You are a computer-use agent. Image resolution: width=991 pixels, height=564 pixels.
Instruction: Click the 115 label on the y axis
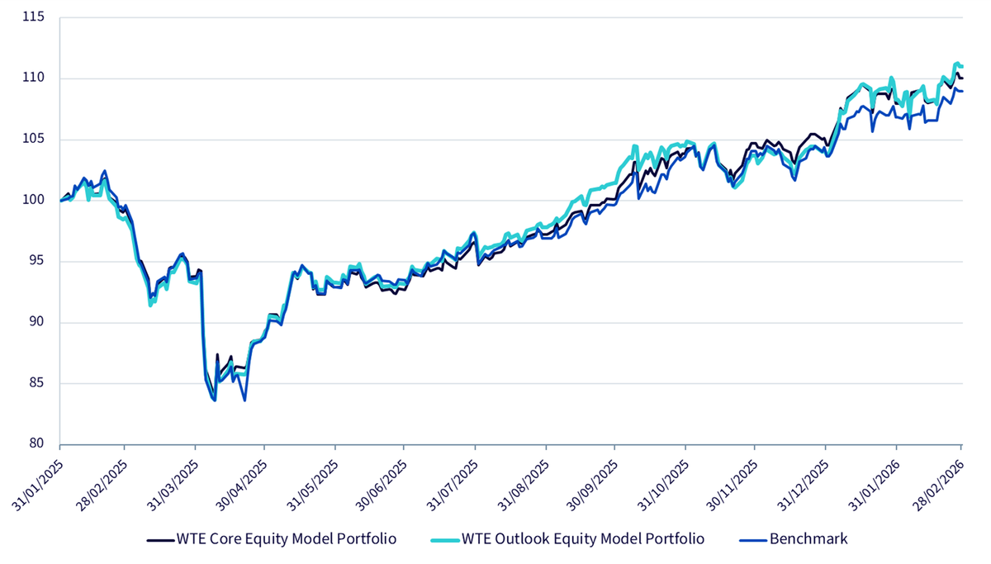point(34,17)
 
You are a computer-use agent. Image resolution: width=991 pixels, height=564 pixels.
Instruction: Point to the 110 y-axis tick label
point(34,78)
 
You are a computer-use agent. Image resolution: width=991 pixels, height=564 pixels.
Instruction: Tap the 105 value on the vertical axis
point(34,139)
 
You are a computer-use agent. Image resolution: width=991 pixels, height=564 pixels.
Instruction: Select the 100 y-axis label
point(34,200)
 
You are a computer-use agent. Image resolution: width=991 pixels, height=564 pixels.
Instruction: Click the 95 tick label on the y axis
point(36,261)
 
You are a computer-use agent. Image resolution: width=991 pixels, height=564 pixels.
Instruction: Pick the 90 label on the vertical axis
point(36,321)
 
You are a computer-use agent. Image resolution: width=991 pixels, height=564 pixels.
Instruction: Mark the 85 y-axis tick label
point(36,382)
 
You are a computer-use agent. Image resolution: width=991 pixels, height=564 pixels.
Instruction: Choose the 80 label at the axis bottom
point(36,443)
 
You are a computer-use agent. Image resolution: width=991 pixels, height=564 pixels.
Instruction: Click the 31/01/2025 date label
point(38,486)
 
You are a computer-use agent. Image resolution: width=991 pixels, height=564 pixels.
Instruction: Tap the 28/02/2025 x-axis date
point(102,486)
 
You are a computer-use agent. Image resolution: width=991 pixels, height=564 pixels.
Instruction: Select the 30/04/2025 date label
point(242,486)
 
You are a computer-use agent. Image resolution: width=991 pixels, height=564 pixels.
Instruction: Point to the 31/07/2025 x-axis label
point(453,486)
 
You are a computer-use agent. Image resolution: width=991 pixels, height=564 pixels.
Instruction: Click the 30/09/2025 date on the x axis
point(592,486)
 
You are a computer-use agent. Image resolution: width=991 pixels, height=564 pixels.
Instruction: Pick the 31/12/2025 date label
point(804,486)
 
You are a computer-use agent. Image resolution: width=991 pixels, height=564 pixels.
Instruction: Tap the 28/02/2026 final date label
point(939,486)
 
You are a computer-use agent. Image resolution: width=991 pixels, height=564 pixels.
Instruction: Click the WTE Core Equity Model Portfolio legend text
point(287,538)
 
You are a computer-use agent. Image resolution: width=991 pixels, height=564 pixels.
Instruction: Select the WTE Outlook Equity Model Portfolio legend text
point(583,538)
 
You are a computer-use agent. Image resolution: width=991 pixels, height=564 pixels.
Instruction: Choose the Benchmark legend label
point(808,538)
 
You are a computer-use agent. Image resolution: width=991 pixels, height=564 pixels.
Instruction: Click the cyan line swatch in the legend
point(444,540)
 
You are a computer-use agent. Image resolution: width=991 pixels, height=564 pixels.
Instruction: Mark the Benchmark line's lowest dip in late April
point(244,400)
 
